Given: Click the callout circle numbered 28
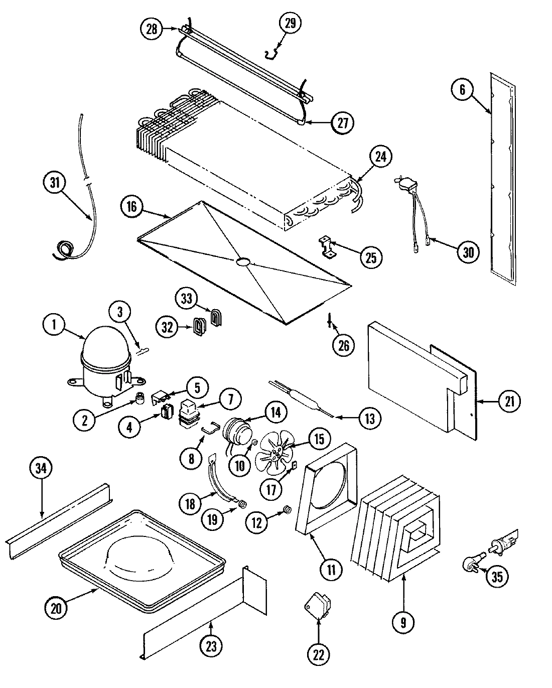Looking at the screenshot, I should [152, 29].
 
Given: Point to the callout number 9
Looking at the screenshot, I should [404, 622].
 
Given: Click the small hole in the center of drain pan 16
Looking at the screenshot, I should [242, 262].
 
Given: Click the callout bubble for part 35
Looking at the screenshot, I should [496, 577].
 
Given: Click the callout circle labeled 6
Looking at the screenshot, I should [462, 90].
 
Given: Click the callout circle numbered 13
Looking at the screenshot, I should [369, 419].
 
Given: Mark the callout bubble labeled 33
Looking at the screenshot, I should [187, 299].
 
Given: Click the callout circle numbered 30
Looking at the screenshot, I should [468, 252].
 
